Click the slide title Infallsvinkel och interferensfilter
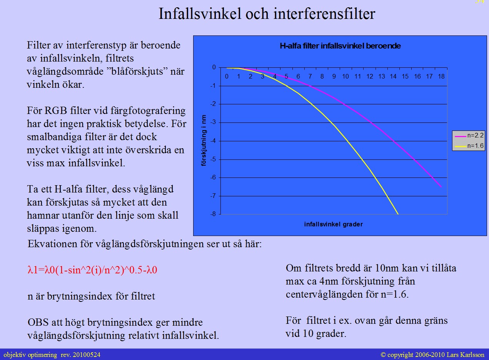click(267, 14)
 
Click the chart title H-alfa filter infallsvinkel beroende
click(340, 46)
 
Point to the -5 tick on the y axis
click(214, 159)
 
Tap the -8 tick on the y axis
click(214, 214)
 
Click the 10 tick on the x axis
click(345, 77)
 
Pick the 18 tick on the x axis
click(441, 77)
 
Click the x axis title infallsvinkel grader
click(333, 224)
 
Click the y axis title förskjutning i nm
click(204, 141)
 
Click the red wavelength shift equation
click(92, 270)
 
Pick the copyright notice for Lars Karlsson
click(432, 355)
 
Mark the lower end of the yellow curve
click(398, 214)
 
